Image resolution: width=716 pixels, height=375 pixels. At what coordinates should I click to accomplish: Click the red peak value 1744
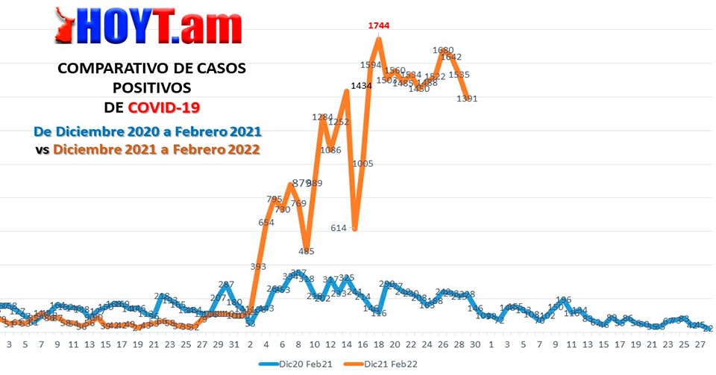[x=379, y=25]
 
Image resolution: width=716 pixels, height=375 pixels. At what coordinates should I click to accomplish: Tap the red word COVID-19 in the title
[x=164, y=107]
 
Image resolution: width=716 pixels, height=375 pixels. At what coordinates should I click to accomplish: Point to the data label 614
[x=339, y=228]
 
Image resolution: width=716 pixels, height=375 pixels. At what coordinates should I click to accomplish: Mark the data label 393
[x=258, y=267]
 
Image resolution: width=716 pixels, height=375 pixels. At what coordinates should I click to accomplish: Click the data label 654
[x=266, y=222]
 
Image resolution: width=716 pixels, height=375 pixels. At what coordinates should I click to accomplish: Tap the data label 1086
[x=330, y=150]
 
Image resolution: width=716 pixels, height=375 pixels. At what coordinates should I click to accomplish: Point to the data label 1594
[x=371, y=65]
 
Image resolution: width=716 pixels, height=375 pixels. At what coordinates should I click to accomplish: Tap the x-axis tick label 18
[x=380, y=344]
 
